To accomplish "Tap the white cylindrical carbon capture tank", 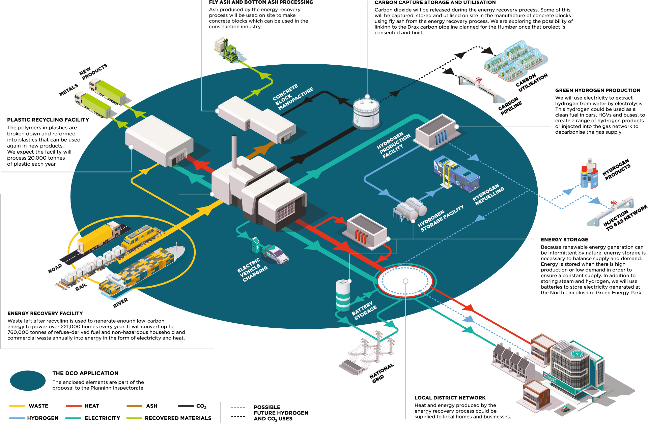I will (366, 113).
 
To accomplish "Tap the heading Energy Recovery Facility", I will (45, 313).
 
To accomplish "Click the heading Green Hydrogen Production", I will (597, 90).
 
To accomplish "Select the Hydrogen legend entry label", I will (43, 418).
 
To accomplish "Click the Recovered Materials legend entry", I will (178, 418).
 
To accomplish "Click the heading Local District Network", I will (450, 398).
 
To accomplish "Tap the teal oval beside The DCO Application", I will (28, 381).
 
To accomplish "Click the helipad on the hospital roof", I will (577, 354).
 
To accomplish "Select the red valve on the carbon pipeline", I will (478, 80).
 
